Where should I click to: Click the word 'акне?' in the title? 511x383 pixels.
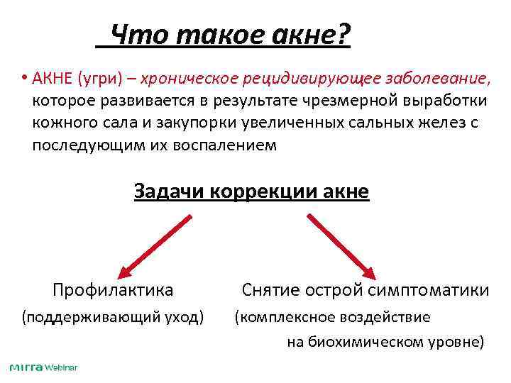click(311, 34)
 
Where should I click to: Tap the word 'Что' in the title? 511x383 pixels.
click(139, 34)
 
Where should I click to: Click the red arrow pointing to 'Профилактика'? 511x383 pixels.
click(155, 245)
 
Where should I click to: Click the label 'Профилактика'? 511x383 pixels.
click(113, 290)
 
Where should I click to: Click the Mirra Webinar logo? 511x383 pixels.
click(43, 367)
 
